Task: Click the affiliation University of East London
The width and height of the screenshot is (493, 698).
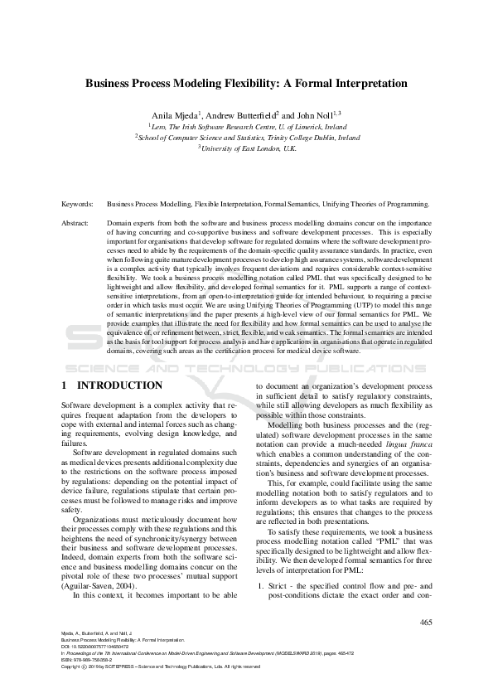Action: pyautogui.click(x=250, y=148)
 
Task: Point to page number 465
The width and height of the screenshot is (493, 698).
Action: pyautogui.click(x=426, y=623)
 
